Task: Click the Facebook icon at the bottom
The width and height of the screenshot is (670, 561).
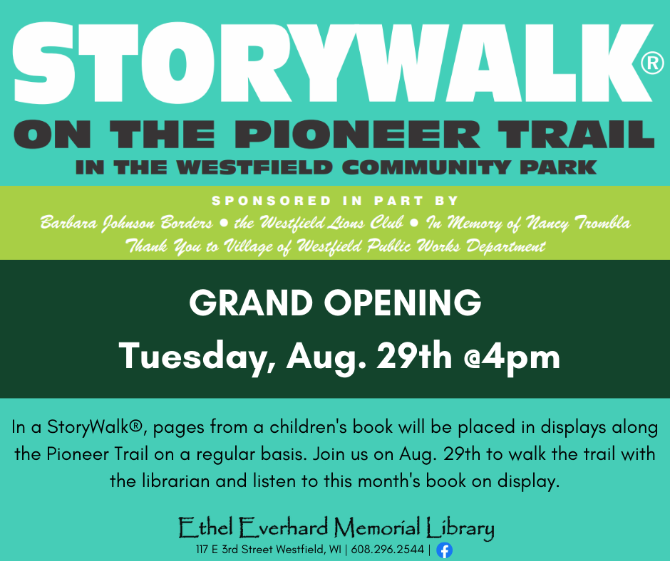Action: pyautogui.click(x=444, y=550)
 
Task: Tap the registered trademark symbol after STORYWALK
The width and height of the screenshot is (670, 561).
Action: pyautogui.click(x=652, y=63)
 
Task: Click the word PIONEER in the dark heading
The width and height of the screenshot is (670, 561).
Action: pyautogui.click(x=357, y=134)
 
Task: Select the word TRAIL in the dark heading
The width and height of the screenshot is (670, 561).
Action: pyautogui.click(x=576, y=134)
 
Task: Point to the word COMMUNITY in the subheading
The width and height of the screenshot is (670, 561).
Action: pyautogui.click(x=426, y=167)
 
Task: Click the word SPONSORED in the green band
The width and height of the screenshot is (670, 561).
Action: pyautogui.click(x=272, y=201)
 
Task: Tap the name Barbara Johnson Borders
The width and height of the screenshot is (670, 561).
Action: pyautogui.click(x=126, y=224)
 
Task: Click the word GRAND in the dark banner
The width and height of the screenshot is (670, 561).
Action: pyautogui.click(x=251, y=303)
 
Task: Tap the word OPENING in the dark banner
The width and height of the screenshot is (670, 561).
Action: pyautogui.click(x=403, y=303)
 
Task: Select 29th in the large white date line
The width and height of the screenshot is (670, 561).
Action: pyautogui.click(x=414, y=356)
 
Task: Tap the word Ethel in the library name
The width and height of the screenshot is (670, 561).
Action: pyautogui.click(x=205, y=528)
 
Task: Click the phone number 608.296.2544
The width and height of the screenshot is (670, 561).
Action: pyautogui.click(x=387, y=550)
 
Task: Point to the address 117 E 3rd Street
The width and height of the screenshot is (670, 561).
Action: pyautogui.click(x=234, y=550)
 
